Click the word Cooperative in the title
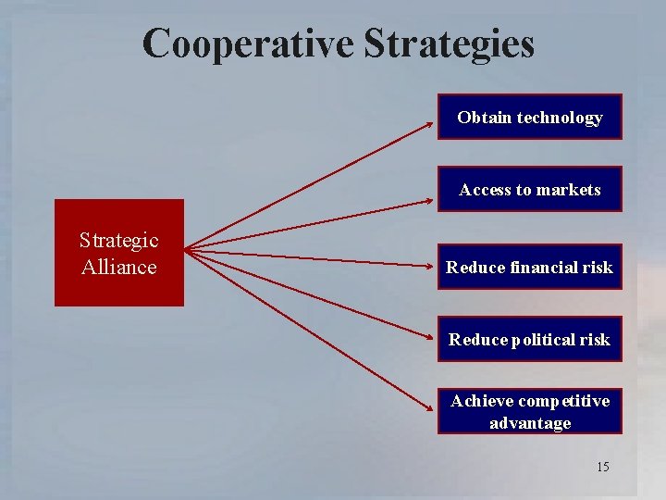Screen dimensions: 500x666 (x=247, y=44)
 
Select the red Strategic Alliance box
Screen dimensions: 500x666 (x=119, y=253)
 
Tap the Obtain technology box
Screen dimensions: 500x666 (x=529, y=117)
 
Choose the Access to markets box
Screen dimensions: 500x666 (x=529, y=189)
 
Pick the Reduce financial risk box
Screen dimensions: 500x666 (x=529, y=267)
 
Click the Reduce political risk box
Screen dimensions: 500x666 (x=529, y=339)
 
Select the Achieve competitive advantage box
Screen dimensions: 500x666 (x=529, y=412)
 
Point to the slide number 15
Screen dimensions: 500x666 (x=602, y=467)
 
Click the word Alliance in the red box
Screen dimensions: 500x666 (x=119, y=268)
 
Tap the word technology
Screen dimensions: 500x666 (x=560, y=118)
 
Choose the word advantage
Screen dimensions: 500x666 (x=530, y=423)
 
